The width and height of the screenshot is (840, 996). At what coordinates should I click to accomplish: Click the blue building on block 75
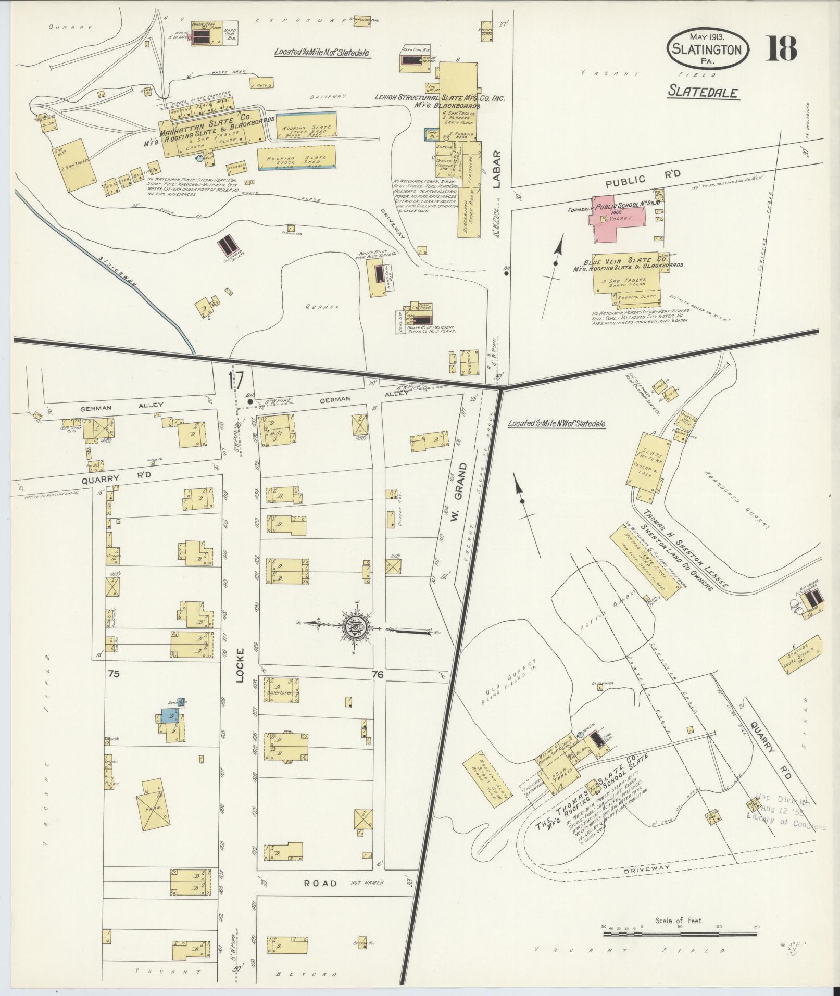click(x=169, y=716)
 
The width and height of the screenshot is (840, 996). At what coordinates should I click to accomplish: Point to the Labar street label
click(x=496, y=169)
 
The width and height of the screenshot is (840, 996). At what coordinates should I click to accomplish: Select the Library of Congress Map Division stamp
click(x=786, y=823)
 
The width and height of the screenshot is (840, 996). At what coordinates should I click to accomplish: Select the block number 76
click(x=378, y=674)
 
